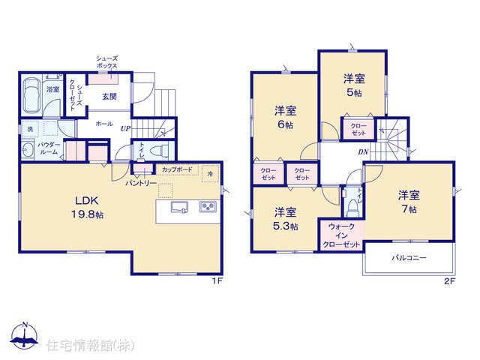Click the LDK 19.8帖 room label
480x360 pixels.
87,207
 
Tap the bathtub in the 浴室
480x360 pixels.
31,95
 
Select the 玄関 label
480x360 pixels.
109,97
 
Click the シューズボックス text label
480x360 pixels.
106,62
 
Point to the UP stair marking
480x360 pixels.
125,128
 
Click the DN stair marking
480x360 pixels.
363,151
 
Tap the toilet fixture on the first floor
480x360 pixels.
160,150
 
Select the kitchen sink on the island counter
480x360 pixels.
179,207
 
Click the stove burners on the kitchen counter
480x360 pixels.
208,207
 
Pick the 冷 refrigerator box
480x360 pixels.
210,173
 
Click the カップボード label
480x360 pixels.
177,169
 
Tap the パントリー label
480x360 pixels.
141,183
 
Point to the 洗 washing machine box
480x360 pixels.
30,129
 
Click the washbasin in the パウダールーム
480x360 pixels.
28,150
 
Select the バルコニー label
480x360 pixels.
409,258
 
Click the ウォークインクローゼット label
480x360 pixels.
342,235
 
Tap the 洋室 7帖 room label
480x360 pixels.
409,202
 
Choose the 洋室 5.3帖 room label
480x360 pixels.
285,219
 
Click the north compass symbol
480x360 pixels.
25,335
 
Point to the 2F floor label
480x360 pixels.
450,281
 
